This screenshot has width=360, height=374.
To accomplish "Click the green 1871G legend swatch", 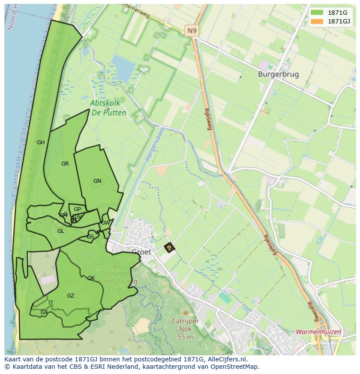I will pyautogui.click(x=317, y=12).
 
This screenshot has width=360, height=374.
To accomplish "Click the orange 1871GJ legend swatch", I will pyautogui.click(x=317, y=21).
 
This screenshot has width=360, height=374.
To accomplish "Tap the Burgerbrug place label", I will pyautogui.click(x=278, y=74).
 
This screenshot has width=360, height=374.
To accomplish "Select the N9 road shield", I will pyautogui.click(x=191, y=30).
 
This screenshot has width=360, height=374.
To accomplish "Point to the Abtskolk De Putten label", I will pyautogui.click(x=108, y=108).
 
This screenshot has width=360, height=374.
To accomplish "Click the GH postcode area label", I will pyautogui.click(x=41, y=142).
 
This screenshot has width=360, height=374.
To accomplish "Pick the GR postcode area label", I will pyautogui.click(x=65, y=164).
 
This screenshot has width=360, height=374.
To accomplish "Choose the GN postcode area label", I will pyautogui.click(x=97, y=181).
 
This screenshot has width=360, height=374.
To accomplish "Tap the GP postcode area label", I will pyautogui.click(x=77, y=209).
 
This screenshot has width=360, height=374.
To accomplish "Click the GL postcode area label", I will pyautogui.click(x=61, y=231).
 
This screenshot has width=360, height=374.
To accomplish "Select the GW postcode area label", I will pyautogui.click(x=105, y=223).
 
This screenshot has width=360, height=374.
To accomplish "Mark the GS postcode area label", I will pyautogui.click(x=90, y=237).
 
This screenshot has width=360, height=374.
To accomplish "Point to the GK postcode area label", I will pyautogui.click(x=91, y=278).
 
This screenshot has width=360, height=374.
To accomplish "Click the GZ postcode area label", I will pyautogui.click(x=70, y=296).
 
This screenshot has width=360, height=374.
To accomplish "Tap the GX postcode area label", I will pyautogui.click(x=44, y=312).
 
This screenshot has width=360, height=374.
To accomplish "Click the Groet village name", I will pyautogui.click(x=141, y=252).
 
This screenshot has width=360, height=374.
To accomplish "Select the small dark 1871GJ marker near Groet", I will pyautogui.click(x=169, y=248).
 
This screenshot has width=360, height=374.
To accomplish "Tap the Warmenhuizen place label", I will pyautogui.click(x=318, y=332).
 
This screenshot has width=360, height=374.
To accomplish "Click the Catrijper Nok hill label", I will pyautogui.click(x=185, y=325).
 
